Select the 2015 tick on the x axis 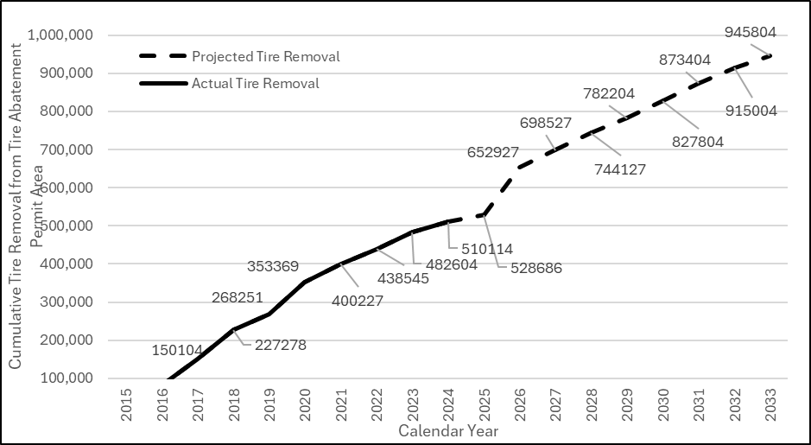point(127,405)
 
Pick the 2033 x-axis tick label point(770,405)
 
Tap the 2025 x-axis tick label point(484,405)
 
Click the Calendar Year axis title point(448,429)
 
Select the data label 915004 point(751,111)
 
